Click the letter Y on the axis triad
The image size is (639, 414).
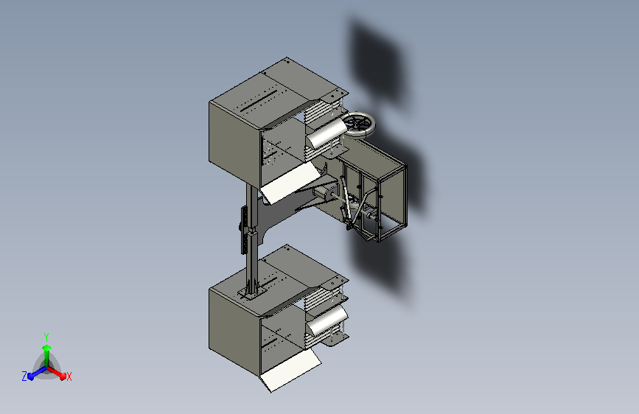click(x=46, y=337)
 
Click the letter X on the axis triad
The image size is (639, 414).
click(x=69, y=377)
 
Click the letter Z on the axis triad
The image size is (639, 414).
click(x=24, y=376)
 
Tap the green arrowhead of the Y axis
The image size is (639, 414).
click(x=47, y=348)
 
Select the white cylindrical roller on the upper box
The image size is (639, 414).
click(x=327, y=133)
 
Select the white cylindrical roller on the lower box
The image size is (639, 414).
click(x=327, y=320)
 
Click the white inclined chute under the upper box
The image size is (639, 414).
click(x=290, y=182)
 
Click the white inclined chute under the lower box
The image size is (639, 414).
click(x=290, y=370)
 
